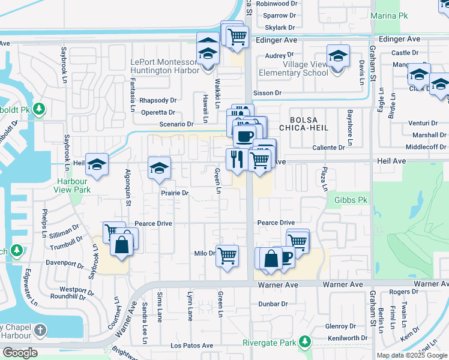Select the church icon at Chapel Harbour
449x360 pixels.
[40, 330]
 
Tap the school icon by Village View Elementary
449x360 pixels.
[338, 56]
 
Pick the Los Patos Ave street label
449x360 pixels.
[191, 346]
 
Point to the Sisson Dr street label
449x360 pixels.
[267, 93]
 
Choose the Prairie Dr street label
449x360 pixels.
[175, 193]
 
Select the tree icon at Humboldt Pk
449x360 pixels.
[40, 109]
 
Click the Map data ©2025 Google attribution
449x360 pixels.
[411, 355]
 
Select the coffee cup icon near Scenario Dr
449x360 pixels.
[244, 136]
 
